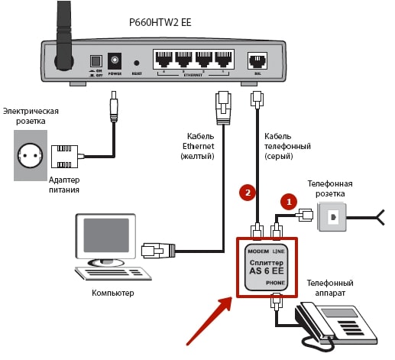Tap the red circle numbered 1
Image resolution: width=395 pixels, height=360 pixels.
(x=287, y=202)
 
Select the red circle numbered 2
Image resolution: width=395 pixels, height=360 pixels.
(x=246, y=192)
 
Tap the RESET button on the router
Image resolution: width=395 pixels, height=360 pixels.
(x=137, y=63)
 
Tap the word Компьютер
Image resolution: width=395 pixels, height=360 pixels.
(x=112, y=293)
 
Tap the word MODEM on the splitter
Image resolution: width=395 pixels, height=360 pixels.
(x=257, y=250)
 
